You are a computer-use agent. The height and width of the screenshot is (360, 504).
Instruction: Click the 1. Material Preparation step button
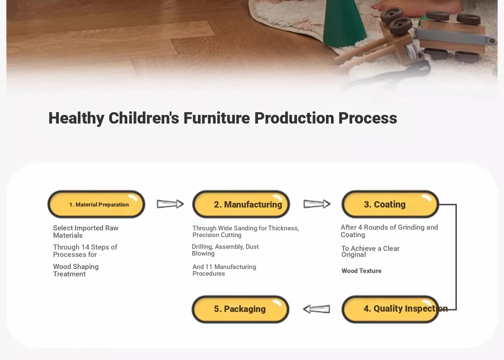(x=96, y=204)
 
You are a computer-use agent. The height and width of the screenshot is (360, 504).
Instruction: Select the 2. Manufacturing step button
(x=241, y=204)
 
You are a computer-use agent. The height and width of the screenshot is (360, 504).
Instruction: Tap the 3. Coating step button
(x=390, y=204)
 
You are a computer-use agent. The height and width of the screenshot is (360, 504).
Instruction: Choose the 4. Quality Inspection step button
(x=390, y=309)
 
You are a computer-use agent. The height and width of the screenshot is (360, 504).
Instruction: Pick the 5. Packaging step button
(x=241, y=309)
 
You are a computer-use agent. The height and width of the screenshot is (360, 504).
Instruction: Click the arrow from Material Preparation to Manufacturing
(x=170, y=204)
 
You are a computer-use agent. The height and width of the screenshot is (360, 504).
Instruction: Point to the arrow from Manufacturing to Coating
(x=317, y=204)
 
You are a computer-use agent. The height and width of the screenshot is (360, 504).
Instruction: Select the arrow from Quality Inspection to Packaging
(x=317, y=309)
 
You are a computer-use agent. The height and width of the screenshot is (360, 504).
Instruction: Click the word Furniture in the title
(x=217, y=118)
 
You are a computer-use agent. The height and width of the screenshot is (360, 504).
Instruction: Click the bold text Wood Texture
(x=361, y=271)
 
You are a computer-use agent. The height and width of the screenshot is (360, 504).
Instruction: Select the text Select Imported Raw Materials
(x=86, y=232)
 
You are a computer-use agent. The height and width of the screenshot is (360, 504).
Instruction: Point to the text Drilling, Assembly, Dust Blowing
(x=225, y=250)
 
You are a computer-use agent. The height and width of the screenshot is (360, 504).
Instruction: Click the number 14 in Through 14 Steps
(x=85, y=247)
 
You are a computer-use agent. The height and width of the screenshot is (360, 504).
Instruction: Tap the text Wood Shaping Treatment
(x=76, y=270)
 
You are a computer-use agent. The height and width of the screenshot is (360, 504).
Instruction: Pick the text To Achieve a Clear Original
(x=370, y=252)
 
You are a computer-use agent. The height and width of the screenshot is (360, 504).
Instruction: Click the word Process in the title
(x=368, y=118)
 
